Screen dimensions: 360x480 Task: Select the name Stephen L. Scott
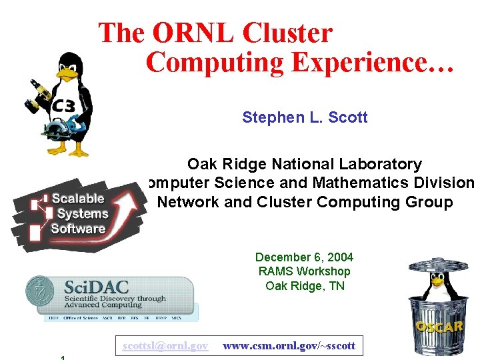click(305, 118)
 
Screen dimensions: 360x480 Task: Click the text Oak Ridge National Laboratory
click(305, 164)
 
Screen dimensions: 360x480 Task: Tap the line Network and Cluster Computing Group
click(305, 202)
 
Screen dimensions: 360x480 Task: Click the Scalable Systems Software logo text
click(79, 213)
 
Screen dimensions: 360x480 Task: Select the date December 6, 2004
click(304, 257)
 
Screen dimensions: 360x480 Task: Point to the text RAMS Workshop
click(304, 271)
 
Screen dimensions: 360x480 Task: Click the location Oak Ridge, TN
click(304, 286)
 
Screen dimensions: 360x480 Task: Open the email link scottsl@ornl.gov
click(165, 346)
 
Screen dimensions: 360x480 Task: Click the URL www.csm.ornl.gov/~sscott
click(289, 346)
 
